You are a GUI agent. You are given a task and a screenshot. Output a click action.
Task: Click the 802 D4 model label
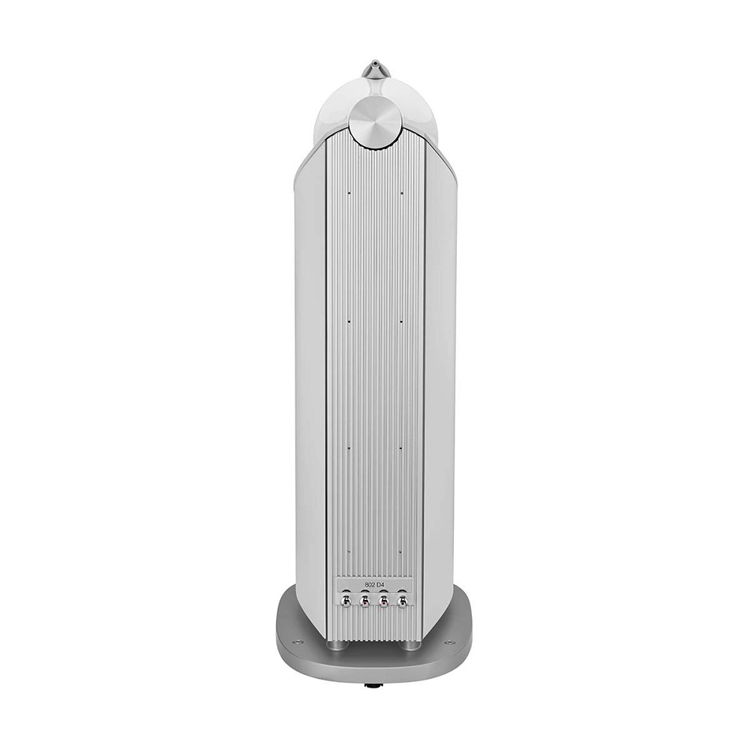tap(375, 584)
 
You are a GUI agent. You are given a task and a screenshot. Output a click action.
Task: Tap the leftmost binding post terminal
tap(345, 600)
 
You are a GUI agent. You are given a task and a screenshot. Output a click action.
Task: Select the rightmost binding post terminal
tap(402, 600)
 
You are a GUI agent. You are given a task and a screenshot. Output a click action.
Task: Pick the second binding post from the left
tap(364, 600)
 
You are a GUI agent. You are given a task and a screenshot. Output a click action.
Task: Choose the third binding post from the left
tap(383, 600)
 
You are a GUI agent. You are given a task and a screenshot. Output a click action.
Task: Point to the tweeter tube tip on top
tap(375, 62)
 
